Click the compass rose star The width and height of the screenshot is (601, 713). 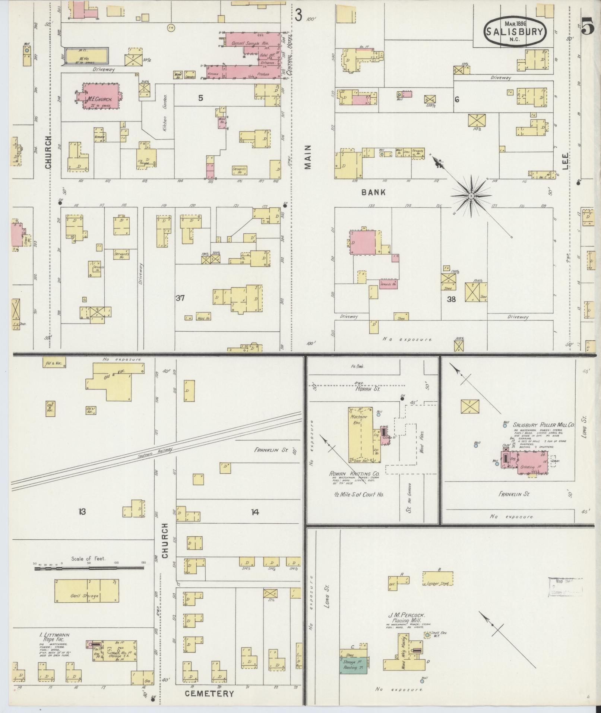tap(471, 196)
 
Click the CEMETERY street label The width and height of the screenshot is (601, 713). tap(209, 694)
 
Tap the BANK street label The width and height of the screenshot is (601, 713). tap(373, 192)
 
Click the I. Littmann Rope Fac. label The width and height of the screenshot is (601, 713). tap(55, 637)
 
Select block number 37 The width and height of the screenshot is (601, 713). tap(180, 298)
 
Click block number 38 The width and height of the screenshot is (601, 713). tap(451, 299)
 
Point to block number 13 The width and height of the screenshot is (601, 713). tap(82, 512)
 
